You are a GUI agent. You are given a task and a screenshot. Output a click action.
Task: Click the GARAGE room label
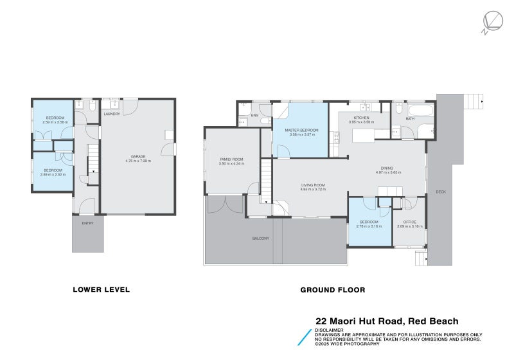(x=137, y=156)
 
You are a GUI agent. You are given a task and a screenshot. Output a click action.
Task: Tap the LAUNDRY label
(x=112, y=114)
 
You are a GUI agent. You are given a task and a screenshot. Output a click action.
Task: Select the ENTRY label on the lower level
(x=87, y=223)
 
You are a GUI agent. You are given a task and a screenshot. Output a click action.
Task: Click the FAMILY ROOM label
(x=231, y=159)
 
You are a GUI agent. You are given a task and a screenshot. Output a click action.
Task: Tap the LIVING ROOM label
(x=313, y=185)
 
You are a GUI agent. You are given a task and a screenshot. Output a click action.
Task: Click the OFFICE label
(x=409, y=222)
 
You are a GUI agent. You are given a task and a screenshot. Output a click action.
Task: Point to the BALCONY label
(x=260, y=239)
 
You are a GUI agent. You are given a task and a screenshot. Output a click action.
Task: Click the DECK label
(x=441, y=191)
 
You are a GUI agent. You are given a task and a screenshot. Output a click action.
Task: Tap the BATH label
(x=409, y=119)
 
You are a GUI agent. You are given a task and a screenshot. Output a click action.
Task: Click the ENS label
(x=254, y=116)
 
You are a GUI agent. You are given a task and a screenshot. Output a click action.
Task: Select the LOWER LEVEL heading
(x=101, y=290)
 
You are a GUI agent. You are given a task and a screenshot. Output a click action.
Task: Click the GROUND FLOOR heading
(x=332, y=290)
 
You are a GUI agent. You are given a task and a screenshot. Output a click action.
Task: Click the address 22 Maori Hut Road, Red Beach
(x=387, y=321)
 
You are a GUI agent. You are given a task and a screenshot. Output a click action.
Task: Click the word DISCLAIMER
(x=329, y=330)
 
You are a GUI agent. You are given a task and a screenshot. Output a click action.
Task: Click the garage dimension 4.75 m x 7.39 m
(x=137, y=161)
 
